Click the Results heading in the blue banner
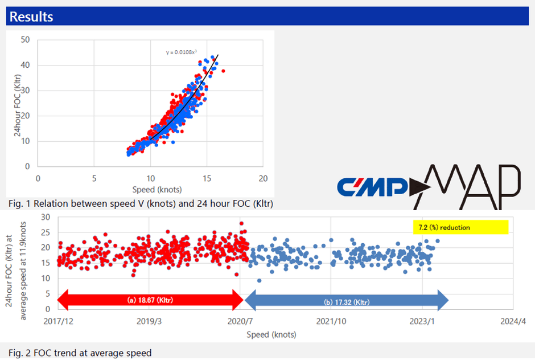tap(31, 17)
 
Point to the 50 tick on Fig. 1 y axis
tap(26, 40)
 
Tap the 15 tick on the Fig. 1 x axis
tap(207, 178)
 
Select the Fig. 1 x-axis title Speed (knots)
tap(157, 189)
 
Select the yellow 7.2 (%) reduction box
tap(460, 227)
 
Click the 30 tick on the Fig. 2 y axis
tap(45, 217)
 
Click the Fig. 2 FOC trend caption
tap(80, 353)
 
